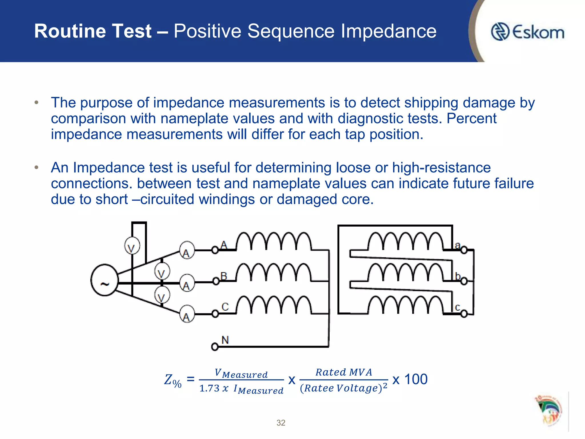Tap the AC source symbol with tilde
point(105,280)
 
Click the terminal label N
point(225,340)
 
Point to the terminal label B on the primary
point(224,276)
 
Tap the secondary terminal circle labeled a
point(464,250)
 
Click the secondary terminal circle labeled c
point(464,314)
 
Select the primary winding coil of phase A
point(274,242)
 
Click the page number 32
point(281,423)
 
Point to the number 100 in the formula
point(416,380)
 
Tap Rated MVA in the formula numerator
point(344,372)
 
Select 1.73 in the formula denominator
point(209,388)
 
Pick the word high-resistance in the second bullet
point(441,167)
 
